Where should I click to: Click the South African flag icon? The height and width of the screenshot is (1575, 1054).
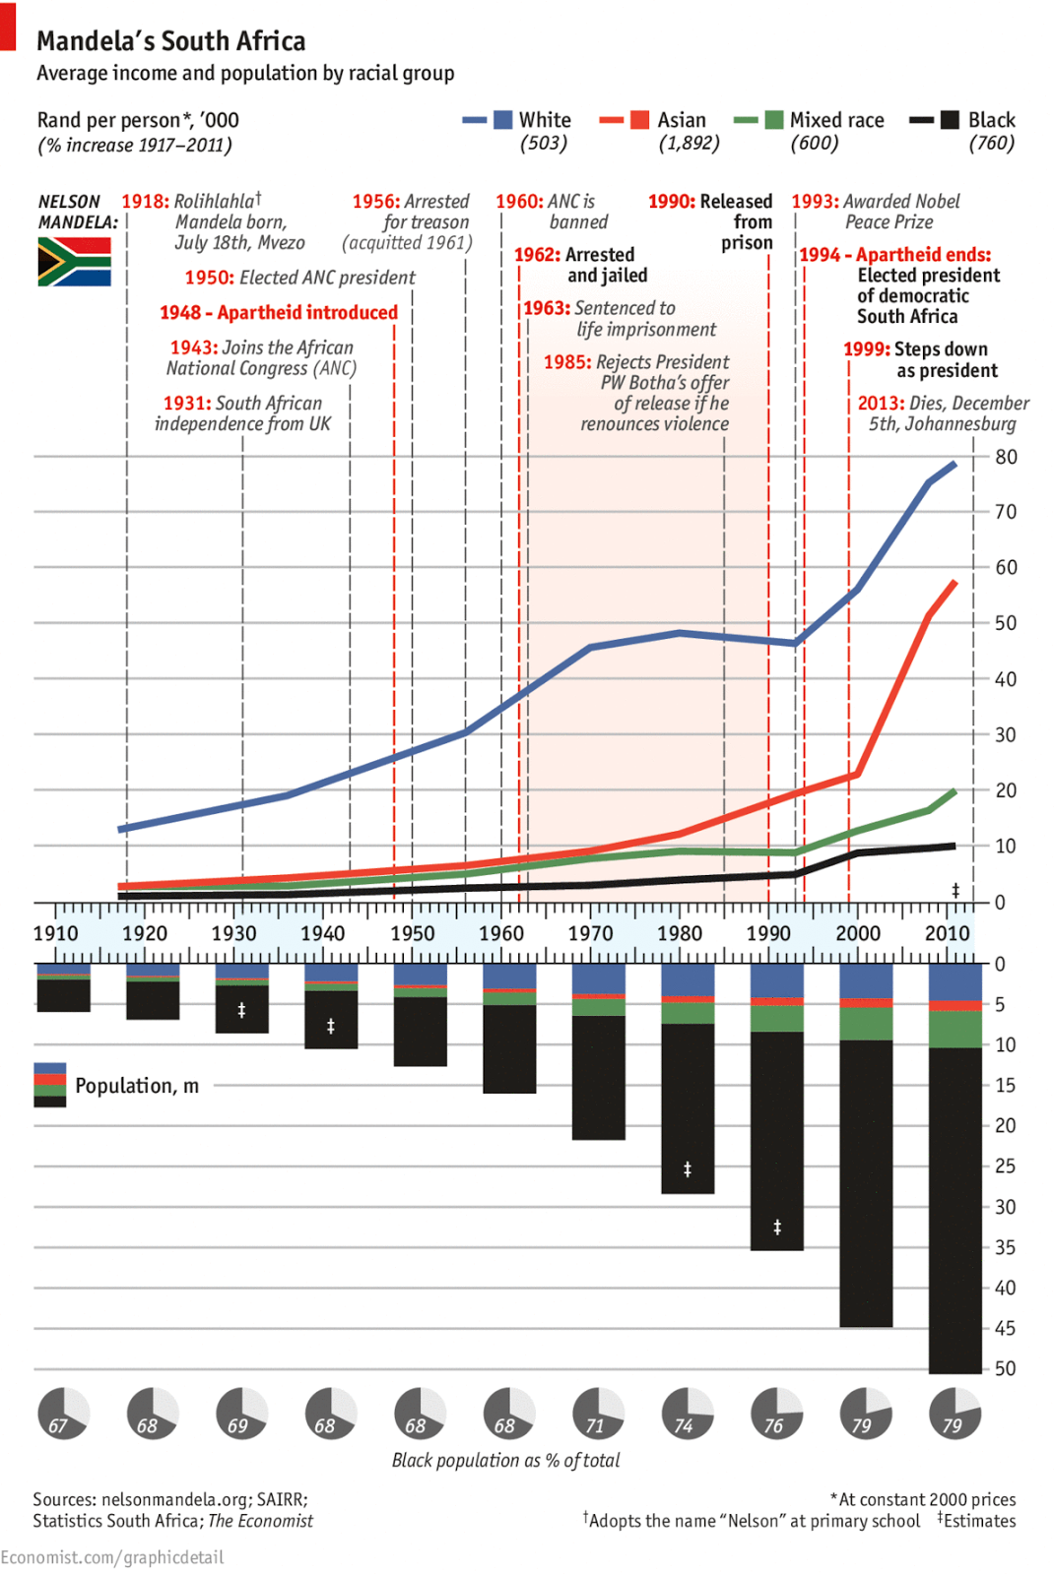[74, 262]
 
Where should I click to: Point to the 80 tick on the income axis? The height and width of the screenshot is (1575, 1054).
[1006, 457]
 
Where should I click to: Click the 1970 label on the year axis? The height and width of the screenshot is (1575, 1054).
[590, 933]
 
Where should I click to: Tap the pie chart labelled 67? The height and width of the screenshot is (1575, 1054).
[63, 1414]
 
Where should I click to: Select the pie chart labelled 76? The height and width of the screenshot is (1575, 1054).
[776, 1414]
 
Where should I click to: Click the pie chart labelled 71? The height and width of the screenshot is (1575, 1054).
[598, 1414]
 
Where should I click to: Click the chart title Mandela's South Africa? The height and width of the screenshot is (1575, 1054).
[170, 41]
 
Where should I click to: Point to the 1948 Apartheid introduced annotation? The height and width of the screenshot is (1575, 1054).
[279, 313]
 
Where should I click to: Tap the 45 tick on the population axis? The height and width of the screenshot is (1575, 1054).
[1005, 1328]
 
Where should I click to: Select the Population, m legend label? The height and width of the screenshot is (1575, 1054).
[137, 1086]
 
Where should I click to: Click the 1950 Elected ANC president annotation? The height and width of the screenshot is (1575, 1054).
[299, 278]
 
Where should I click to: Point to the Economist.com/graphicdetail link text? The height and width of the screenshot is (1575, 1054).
[112, 1557]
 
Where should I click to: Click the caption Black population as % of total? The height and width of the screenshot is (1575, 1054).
[505, 1461]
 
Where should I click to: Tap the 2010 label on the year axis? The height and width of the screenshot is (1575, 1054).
[947, 933]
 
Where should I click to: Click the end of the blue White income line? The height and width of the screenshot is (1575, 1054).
[954, 464]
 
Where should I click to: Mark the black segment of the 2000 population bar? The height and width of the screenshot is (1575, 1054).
[866, 1181]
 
